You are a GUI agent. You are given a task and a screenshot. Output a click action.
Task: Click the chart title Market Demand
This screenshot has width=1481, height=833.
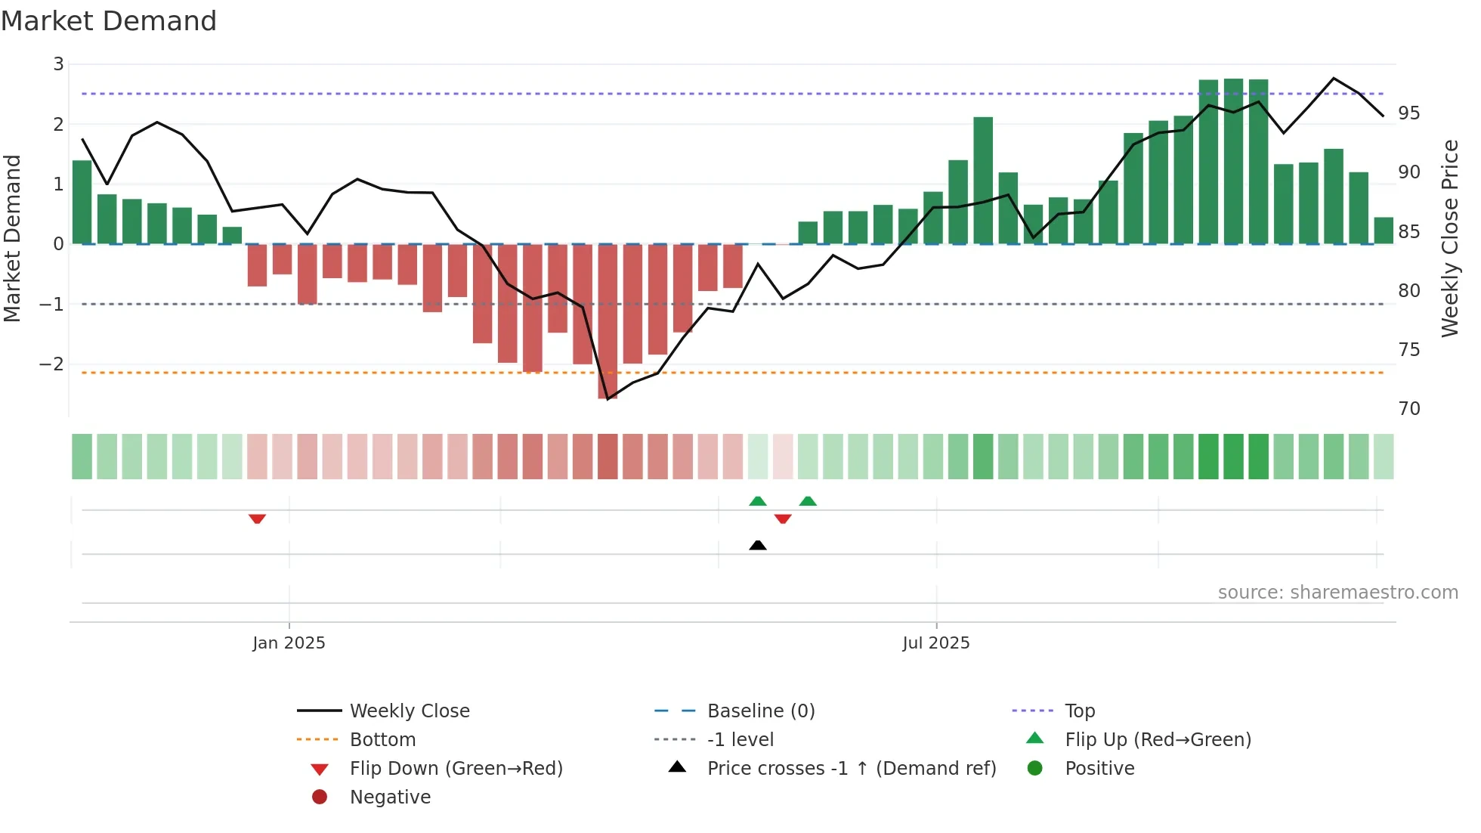109,21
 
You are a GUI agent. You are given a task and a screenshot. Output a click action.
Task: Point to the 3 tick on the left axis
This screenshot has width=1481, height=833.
58,64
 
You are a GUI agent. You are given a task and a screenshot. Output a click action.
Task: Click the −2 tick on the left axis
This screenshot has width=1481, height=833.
52,364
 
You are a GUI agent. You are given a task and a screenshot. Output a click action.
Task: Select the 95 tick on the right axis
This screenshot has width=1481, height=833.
1408,113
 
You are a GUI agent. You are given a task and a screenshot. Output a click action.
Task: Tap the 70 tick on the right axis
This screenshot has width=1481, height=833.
1408,409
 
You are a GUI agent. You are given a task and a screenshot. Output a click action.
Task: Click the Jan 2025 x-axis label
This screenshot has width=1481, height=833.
289,643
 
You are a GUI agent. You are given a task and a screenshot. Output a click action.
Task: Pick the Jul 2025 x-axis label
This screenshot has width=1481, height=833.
935,643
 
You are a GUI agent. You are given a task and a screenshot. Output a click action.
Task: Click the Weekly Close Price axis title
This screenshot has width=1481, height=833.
1449,238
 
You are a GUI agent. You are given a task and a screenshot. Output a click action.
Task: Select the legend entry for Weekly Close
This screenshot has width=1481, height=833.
409,711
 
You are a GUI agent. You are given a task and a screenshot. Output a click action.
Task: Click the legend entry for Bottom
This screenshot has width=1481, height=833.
382,740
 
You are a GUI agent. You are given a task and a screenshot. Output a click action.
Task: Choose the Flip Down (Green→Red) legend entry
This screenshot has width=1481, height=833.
456,769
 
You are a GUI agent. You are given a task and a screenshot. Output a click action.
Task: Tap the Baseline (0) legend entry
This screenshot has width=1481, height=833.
760,711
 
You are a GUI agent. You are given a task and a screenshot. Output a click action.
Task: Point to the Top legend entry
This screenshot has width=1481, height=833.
1080,711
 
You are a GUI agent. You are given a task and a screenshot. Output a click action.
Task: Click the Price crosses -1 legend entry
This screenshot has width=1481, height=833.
851,769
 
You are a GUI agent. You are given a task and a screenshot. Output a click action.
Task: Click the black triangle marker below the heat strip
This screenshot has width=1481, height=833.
758,545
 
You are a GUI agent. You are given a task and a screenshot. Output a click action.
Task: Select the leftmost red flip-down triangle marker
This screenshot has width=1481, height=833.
257,519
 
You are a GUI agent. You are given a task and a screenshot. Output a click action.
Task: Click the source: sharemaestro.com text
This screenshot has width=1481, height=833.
1337,593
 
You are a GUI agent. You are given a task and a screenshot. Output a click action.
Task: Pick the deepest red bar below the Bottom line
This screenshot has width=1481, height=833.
608,321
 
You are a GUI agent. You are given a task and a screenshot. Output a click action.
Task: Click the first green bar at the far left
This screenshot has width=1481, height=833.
82,203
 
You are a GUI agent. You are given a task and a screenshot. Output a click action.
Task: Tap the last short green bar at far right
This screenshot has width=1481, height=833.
1384,231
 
